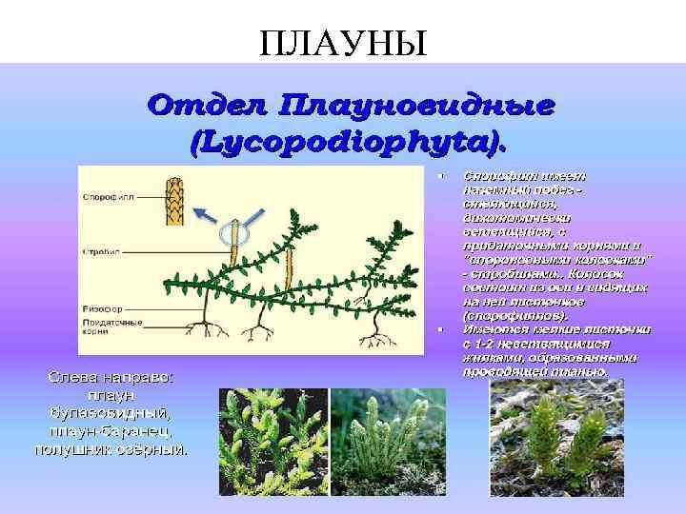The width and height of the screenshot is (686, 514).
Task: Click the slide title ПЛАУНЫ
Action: coord(342,41)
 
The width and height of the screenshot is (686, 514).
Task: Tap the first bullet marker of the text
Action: coord(439,176)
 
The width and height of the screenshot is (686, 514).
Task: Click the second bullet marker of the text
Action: coord(439,328)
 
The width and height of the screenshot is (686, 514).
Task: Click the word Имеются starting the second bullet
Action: coord(489,329)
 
